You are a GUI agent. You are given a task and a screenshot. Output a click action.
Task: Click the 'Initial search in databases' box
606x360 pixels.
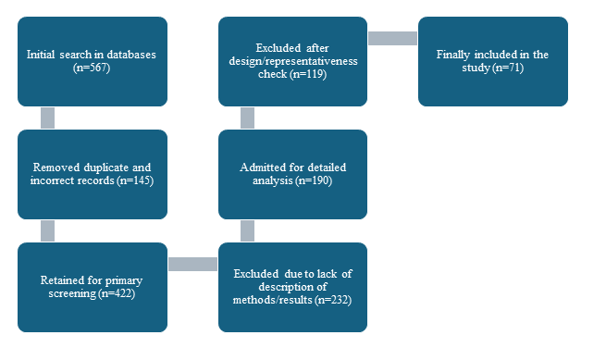pos(93,61)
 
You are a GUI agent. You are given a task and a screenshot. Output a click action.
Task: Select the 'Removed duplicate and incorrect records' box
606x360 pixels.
pos(93,174)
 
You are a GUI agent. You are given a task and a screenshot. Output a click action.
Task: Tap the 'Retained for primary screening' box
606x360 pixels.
pos(93,287)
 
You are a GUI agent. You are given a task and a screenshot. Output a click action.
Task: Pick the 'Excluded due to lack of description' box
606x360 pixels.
pos(292,287)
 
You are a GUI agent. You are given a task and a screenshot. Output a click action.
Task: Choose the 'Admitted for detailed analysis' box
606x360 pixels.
pos(292,174)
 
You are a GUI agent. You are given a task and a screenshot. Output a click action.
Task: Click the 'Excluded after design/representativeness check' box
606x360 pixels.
pos(292,61)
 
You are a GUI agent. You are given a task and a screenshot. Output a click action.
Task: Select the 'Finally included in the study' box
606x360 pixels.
pos(493,61)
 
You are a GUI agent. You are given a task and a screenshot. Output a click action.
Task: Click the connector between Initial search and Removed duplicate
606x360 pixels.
pos(47,118)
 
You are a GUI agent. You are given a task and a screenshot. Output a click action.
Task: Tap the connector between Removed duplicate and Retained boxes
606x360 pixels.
pos(47,230)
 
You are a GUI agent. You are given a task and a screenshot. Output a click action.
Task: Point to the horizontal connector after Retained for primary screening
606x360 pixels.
pos(192,264)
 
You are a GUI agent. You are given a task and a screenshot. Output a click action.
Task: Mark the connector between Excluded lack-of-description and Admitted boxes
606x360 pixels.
pos(247,230)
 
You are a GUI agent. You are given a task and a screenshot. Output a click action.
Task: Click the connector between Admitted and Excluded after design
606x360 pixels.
pos(247,118)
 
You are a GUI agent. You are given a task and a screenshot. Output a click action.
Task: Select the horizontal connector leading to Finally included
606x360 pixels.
pos(392,38)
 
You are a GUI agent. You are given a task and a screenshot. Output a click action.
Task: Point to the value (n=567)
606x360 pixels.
pos(92,68)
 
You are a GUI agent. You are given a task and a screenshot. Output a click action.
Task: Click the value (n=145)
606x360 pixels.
pos(135,180)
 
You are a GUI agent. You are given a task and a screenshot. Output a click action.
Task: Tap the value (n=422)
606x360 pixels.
pos(117,293)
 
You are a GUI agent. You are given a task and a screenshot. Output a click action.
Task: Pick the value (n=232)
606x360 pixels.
pos(333,300)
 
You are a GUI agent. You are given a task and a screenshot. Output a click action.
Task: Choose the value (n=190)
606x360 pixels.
pos(314,180)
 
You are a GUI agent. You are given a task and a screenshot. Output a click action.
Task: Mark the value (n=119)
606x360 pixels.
pos(308,74)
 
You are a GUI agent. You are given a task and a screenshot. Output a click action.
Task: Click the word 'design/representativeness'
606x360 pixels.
pos(293,61)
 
